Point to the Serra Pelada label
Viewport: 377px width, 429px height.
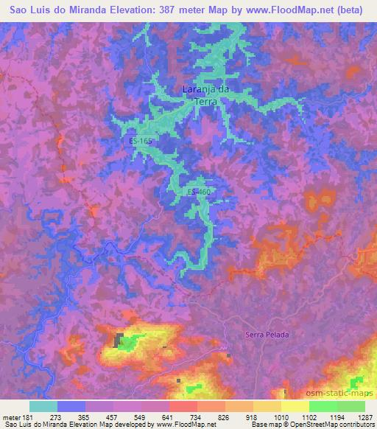[x=267, y=335]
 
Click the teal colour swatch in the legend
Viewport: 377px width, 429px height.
[x=43, y=406]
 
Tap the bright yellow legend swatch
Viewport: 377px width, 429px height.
[x=295, y=406]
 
